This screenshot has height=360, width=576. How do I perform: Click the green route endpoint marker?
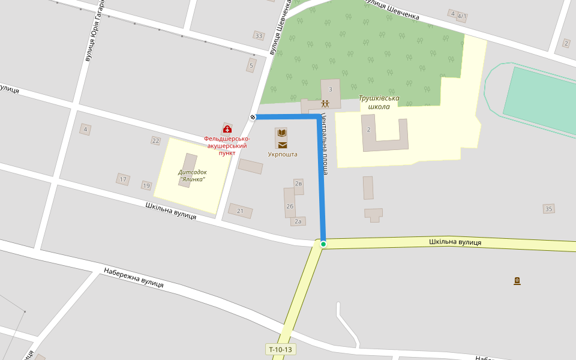click(323, 244)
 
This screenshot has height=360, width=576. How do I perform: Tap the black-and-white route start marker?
click(253, 117)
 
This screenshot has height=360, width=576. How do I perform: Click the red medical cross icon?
click(227, 129)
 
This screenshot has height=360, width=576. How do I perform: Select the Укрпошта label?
click(282, 154)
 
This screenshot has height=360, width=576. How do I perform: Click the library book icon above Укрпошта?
click(282, 133)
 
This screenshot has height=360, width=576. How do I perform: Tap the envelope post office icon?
click(282, 145)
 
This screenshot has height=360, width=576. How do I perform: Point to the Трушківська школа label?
click(379, 102)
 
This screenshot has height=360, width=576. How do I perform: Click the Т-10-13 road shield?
click(280, 349)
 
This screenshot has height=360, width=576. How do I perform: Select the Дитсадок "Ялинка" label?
click(191, 175)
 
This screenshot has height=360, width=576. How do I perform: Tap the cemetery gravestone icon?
click(517, 281)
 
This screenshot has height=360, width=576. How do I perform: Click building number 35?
click(548, 209)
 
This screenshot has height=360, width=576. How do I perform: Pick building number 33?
click(259, 36)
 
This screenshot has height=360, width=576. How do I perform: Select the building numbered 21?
click(240, 211)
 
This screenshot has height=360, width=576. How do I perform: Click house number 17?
click(123, 179)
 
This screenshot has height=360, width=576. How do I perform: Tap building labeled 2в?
click(298, 184)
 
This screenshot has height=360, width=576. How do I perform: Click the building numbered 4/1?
click(461, 17)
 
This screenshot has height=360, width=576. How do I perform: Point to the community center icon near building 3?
click(325, 103)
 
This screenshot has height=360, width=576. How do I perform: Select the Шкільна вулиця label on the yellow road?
click(455, 242)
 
